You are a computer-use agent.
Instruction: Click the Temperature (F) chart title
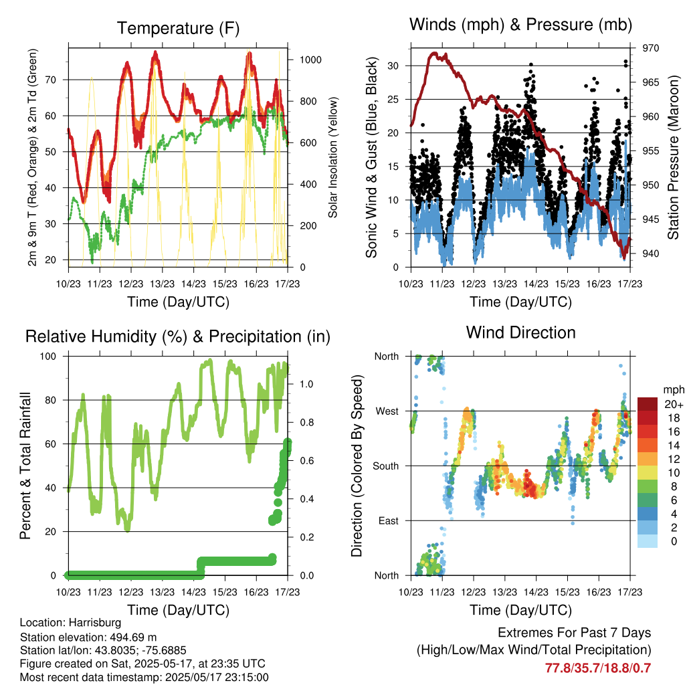pos(178,28)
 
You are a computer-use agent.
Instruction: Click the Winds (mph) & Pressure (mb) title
pos(520,25)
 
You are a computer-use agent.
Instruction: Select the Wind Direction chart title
pos(520,332)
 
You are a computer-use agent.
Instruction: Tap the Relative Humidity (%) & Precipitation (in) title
pos(178,337)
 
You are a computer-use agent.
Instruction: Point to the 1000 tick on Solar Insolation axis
pos(310,60)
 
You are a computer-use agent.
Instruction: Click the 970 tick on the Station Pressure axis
pos(650,48)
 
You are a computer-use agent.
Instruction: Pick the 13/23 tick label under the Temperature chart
pos(162,284)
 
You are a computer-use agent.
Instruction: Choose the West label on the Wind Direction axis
pos(387,411)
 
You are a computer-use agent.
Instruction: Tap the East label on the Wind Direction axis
pos(389,520)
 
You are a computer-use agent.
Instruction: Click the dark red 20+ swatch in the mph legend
pos(648,404)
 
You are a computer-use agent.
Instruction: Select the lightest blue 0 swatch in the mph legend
pos(648,541)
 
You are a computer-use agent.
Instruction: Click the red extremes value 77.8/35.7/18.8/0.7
pos(597,668)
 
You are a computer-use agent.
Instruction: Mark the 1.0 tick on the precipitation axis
pos(306,384)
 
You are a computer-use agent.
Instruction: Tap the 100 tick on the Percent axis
pos(48,357)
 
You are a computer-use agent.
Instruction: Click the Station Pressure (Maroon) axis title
pos(673,157)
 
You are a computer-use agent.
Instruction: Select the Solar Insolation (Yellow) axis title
pos(333,157)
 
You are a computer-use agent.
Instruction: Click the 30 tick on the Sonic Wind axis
pos(393,66)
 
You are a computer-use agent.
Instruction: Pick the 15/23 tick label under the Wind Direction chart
pos(567,592)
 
